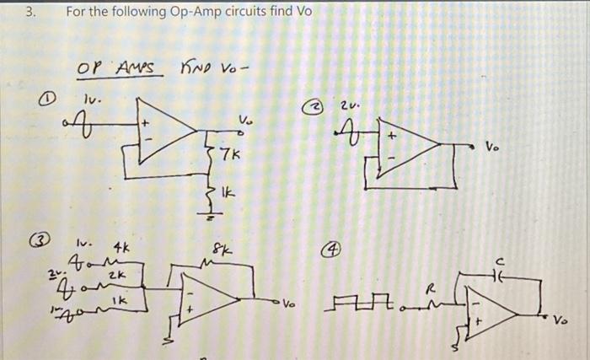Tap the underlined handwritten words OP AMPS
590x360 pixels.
tap(118, 67)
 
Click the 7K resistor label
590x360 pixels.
tap(229, 156)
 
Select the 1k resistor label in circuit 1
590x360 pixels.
tap(228, 195)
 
